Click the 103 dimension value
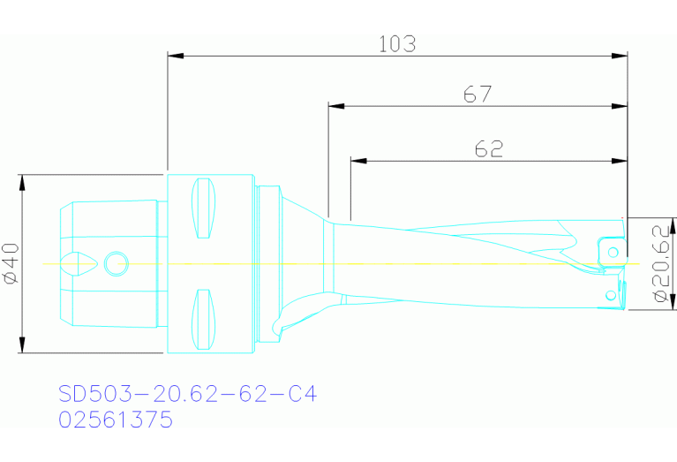(x=396, y=43)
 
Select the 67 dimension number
(x=477, y=94)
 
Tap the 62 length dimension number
(x=488, y=149)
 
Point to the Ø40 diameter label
(x=11, y=263)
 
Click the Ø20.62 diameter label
(x=660, y=263)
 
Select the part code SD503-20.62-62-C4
(x=186, y=394)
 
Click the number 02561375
(x=115, y=420)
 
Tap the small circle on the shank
(x=116, y=262)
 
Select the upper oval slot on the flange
(x=204, y=208)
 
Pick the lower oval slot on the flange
(x=204, y=319)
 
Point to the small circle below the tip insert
(x=609, y=294)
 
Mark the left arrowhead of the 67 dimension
(x=335, y=106)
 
